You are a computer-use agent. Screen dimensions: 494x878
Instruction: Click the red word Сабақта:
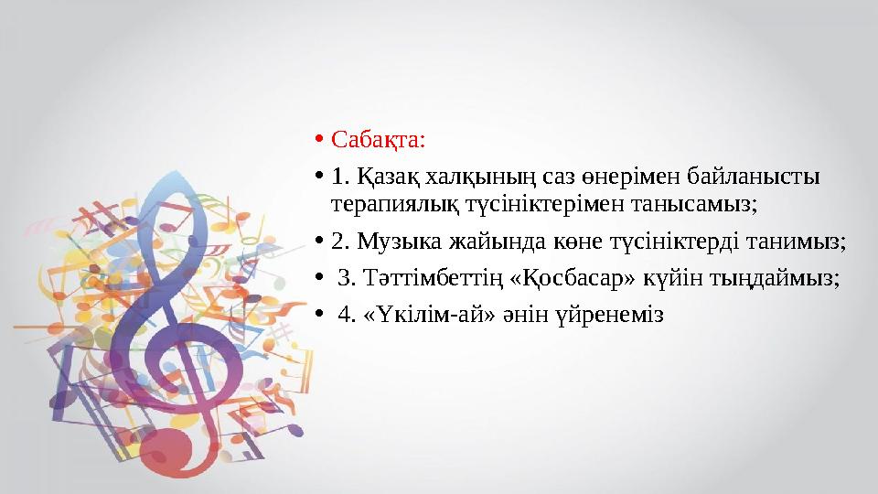[378, 141]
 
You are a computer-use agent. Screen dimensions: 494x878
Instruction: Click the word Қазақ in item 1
[383, 175]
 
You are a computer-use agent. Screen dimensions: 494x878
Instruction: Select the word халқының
[465, 175]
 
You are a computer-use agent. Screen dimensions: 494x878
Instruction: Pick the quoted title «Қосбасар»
[556, 277]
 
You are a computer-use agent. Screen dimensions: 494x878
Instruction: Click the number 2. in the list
[340, 242]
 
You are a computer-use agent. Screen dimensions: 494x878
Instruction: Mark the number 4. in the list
[347, 315]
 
